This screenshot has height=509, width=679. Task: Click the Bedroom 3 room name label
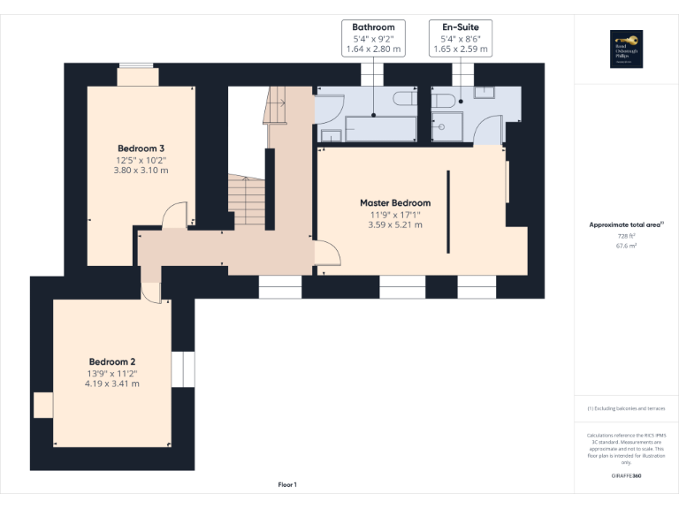141,148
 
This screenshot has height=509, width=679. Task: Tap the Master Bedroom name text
395,202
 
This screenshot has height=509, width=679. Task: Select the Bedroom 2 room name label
112,361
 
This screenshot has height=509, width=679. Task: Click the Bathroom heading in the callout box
373,27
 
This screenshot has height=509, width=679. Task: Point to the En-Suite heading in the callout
461,27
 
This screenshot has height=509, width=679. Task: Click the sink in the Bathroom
332,135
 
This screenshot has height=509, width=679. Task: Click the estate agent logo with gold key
626,47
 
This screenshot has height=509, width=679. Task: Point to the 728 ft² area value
626,236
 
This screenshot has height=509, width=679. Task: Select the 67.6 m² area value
626,247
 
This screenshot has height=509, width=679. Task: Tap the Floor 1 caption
287,484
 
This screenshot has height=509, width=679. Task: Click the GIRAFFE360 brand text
626,475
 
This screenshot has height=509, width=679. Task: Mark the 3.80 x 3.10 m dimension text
141,170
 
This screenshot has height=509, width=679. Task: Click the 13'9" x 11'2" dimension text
112,374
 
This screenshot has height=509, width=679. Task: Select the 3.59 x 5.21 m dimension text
395,224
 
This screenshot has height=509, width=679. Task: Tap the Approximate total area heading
625,225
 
